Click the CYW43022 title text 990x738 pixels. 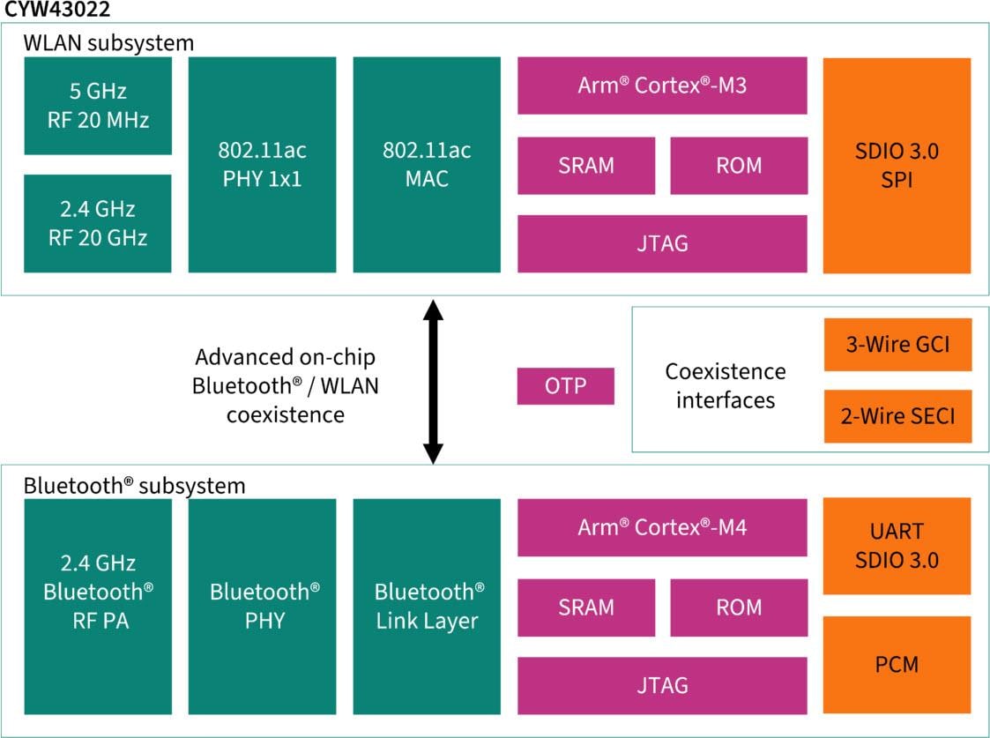point(57,11)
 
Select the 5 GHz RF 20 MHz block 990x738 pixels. point(98,106)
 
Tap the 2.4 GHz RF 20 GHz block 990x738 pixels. point(98,223)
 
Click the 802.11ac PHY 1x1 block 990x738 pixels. point(262,165)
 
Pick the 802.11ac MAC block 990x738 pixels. point(427,165)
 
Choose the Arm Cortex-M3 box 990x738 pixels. point(662,86)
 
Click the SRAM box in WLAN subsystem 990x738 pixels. point(586,165)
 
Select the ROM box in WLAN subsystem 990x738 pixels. point(739,165)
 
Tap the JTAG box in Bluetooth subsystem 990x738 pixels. point(662,685)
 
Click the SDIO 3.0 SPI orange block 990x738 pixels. point(897,165)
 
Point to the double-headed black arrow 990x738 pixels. point(432,381)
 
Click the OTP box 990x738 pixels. point(565,386)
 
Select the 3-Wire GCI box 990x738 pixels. point(897,344)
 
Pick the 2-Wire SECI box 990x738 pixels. point(897,415)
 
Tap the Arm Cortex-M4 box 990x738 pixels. point(662,527)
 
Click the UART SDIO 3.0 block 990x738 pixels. point(897,546)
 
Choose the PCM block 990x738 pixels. point(897,664)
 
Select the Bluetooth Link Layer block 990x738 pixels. point(427,606)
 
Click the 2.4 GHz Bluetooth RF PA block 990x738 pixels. point(98,606)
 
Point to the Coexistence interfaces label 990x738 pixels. point(725,385)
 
